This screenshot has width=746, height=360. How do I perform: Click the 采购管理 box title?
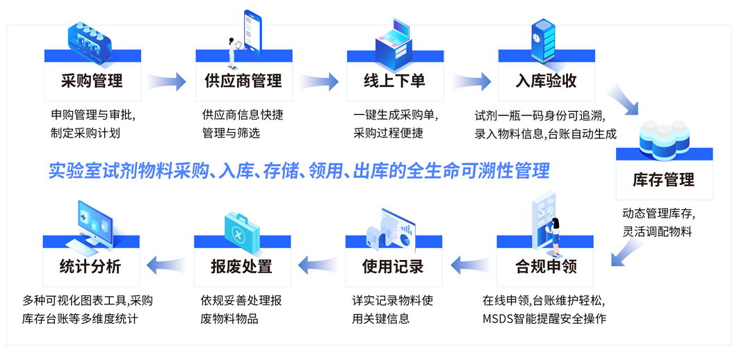tap(92, 81)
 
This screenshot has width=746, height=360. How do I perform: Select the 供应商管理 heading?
tap(243, 81)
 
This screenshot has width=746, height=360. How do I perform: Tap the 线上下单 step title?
tap(394, 81)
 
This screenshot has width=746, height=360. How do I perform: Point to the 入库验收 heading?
tap(546, 81)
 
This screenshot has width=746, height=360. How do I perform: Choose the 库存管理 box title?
tap(663, 180)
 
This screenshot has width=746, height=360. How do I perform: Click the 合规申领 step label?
tap(546, 266)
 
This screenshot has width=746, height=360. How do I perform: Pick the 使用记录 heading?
tap(393, 266)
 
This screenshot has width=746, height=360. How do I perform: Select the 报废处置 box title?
tap(242, 266)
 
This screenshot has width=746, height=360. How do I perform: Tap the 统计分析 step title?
tap(90, 266)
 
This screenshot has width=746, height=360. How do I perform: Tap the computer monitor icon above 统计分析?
tap(92, 227)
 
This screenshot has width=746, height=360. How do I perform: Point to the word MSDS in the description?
tap(498, 319)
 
